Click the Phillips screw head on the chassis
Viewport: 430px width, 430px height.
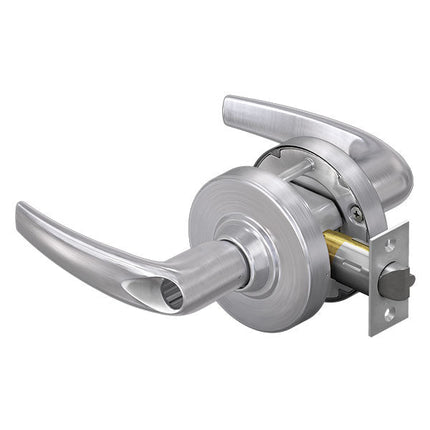point(350,212)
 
